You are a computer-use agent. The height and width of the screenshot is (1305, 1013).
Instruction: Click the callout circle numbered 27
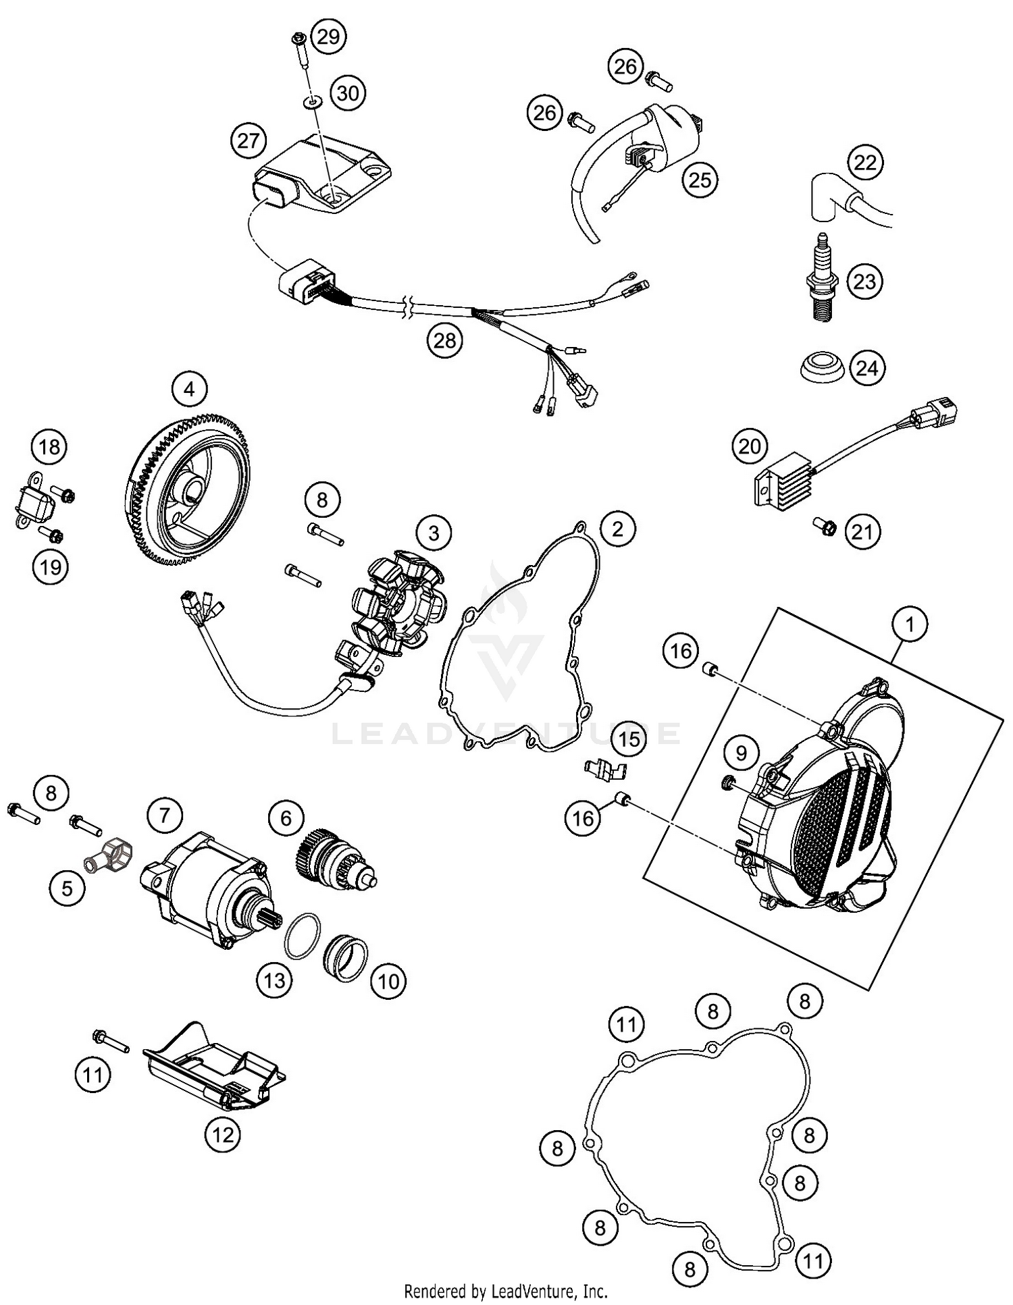(249, 140)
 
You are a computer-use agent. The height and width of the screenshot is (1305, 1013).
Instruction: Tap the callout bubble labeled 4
(189, 390)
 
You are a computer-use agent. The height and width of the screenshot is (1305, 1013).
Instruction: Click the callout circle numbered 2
(617, 529)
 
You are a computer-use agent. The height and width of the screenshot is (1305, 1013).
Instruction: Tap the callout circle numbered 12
(223, 1135)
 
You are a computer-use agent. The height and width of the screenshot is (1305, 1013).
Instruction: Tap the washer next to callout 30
(312, 102)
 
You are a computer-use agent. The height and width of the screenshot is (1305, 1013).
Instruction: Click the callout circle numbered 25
(700, 180)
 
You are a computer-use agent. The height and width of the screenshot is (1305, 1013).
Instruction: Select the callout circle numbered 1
(910, 624)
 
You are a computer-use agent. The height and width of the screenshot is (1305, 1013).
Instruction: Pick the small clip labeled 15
(605, 767)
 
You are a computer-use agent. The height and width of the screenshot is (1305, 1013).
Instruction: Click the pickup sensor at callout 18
(32, 501)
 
